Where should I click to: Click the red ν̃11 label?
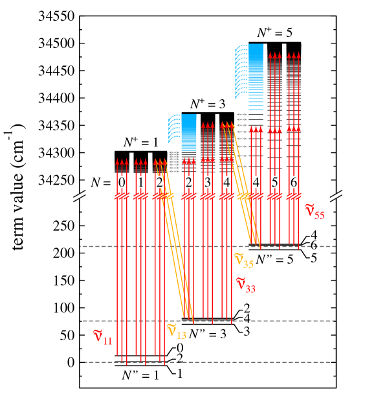[x=103, y=337]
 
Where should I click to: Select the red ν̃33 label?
[x=245, y=284]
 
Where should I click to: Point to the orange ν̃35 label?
[x=243, y=261]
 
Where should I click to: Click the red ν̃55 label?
[x=315, y=211]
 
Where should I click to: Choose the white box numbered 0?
[x=122, y=182]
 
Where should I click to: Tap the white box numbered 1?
[x=140, y=182]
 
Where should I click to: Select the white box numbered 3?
[x=207, y=182]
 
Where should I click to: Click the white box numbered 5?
[x=274, y=182]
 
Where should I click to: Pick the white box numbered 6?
[x=294, y=182]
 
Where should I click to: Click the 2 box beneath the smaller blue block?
[x=188, y=182]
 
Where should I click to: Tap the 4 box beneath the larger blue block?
[x=256, y=182]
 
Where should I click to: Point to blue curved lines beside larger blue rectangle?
[x=240, y=71]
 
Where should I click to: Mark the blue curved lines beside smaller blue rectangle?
[x=173, y=128]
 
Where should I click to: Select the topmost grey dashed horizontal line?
[x=207, y=246]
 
